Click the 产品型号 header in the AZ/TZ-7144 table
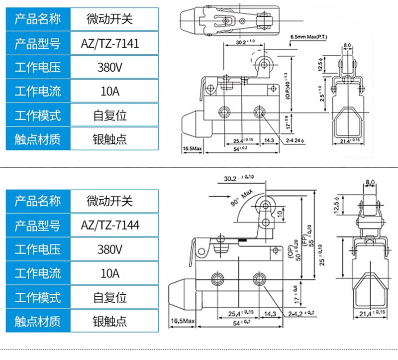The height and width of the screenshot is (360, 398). coord(38,226)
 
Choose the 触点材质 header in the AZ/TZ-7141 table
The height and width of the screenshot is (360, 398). coord(38,139)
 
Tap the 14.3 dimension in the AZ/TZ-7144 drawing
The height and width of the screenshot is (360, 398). coord(270,314)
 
